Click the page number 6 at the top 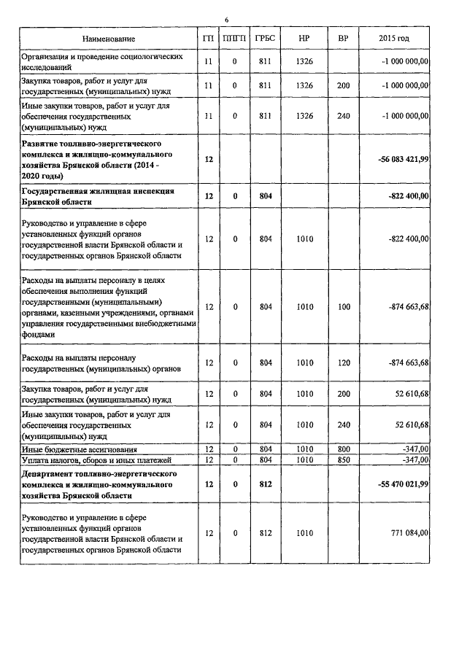click(x=226, y=20)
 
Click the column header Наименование click(x=109, y=38)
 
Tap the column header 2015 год click(x=394, y=38)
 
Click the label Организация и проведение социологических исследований click(x=101, y=61)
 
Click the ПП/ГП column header click(x=235, y=38)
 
